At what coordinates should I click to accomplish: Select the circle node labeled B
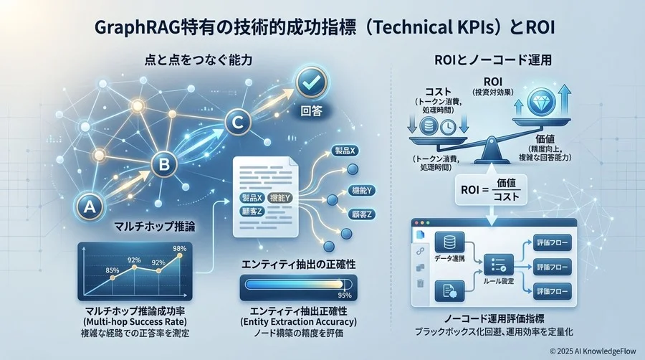click(x=163, y=166)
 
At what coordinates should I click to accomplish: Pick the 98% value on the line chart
click(x=179, y=248)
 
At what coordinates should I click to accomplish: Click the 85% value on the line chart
click(x=112, y=270)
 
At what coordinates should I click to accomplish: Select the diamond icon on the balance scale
click(x=535, y=102)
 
